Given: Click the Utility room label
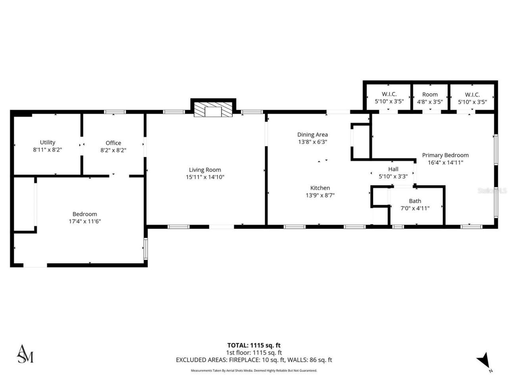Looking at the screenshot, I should coord(48,142).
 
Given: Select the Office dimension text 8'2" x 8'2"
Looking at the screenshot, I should coord(113,150).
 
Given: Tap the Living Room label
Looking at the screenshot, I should coord(205,170).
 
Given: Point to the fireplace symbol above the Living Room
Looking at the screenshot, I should coord(213,110).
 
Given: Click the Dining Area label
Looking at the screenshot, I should coord(312,135).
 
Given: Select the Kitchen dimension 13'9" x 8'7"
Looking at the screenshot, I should coord(320,195).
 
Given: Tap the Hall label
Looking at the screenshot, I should coord(393,169).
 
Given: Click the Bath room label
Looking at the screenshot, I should coord(415,201).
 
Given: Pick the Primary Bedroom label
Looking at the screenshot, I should coord(445,155).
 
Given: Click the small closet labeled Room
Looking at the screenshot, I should coord(430,94).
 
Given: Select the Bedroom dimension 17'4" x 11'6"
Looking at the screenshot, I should coord(85,221).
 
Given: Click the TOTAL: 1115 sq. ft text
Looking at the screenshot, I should coord(254,345).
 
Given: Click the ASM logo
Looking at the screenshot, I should coord(25,354).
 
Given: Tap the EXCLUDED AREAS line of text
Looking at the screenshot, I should coord(254,360).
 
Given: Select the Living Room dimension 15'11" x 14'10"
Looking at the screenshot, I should coord(205,177).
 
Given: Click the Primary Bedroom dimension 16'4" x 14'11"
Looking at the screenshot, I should coord(445,162).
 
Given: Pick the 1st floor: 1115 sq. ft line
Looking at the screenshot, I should coord(254,352).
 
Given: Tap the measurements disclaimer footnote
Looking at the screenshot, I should coord(254,371).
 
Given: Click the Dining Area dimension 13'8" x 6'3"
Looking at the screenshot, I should coord(312,142).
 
